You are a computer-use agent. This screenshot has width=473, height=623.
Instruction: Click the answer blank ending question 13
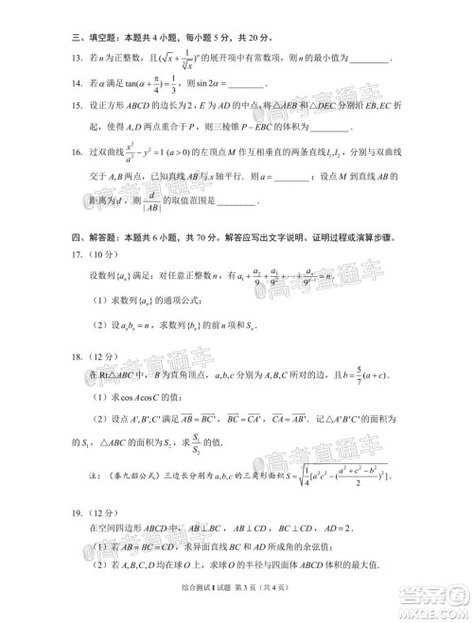coord(370,60)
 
